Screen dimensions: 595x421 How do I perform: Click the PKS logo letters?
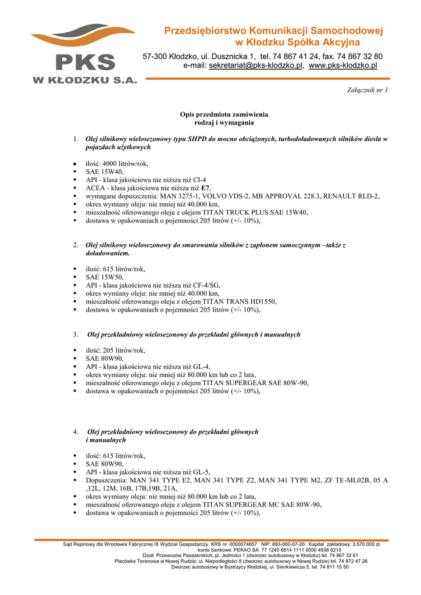click(x=85, y=63)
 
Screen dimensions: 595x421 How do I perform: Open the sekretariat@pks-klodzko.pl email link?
click(x=256, y=66)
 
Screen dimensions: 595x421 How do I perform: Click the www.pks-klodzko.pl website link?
click(x=342, y=66)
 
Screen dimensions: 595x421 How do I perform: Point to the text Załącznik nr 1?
click(x=367, y=90)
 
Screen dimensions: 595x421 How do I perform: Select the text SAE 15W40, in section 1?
click(x=105, y=172)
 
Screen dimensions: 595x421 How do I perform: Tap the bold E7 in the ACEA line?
click(x=205, y=188)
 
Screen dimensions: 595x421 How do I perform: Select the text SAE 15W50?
click(x=104, y=277)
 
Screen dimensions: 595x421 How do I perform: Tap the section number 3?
click(x=76, y=335)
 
